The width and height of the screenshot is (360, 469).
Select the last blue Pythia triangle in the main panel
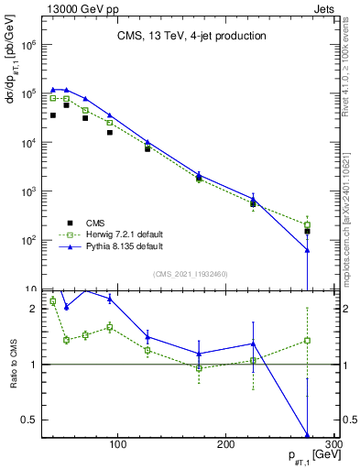click(307, 250)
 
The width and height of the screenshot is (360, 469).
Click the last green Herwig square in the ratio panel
click(307, 340)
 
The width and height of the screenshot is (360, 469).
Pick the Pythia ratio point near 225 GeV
click(253, 344)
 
